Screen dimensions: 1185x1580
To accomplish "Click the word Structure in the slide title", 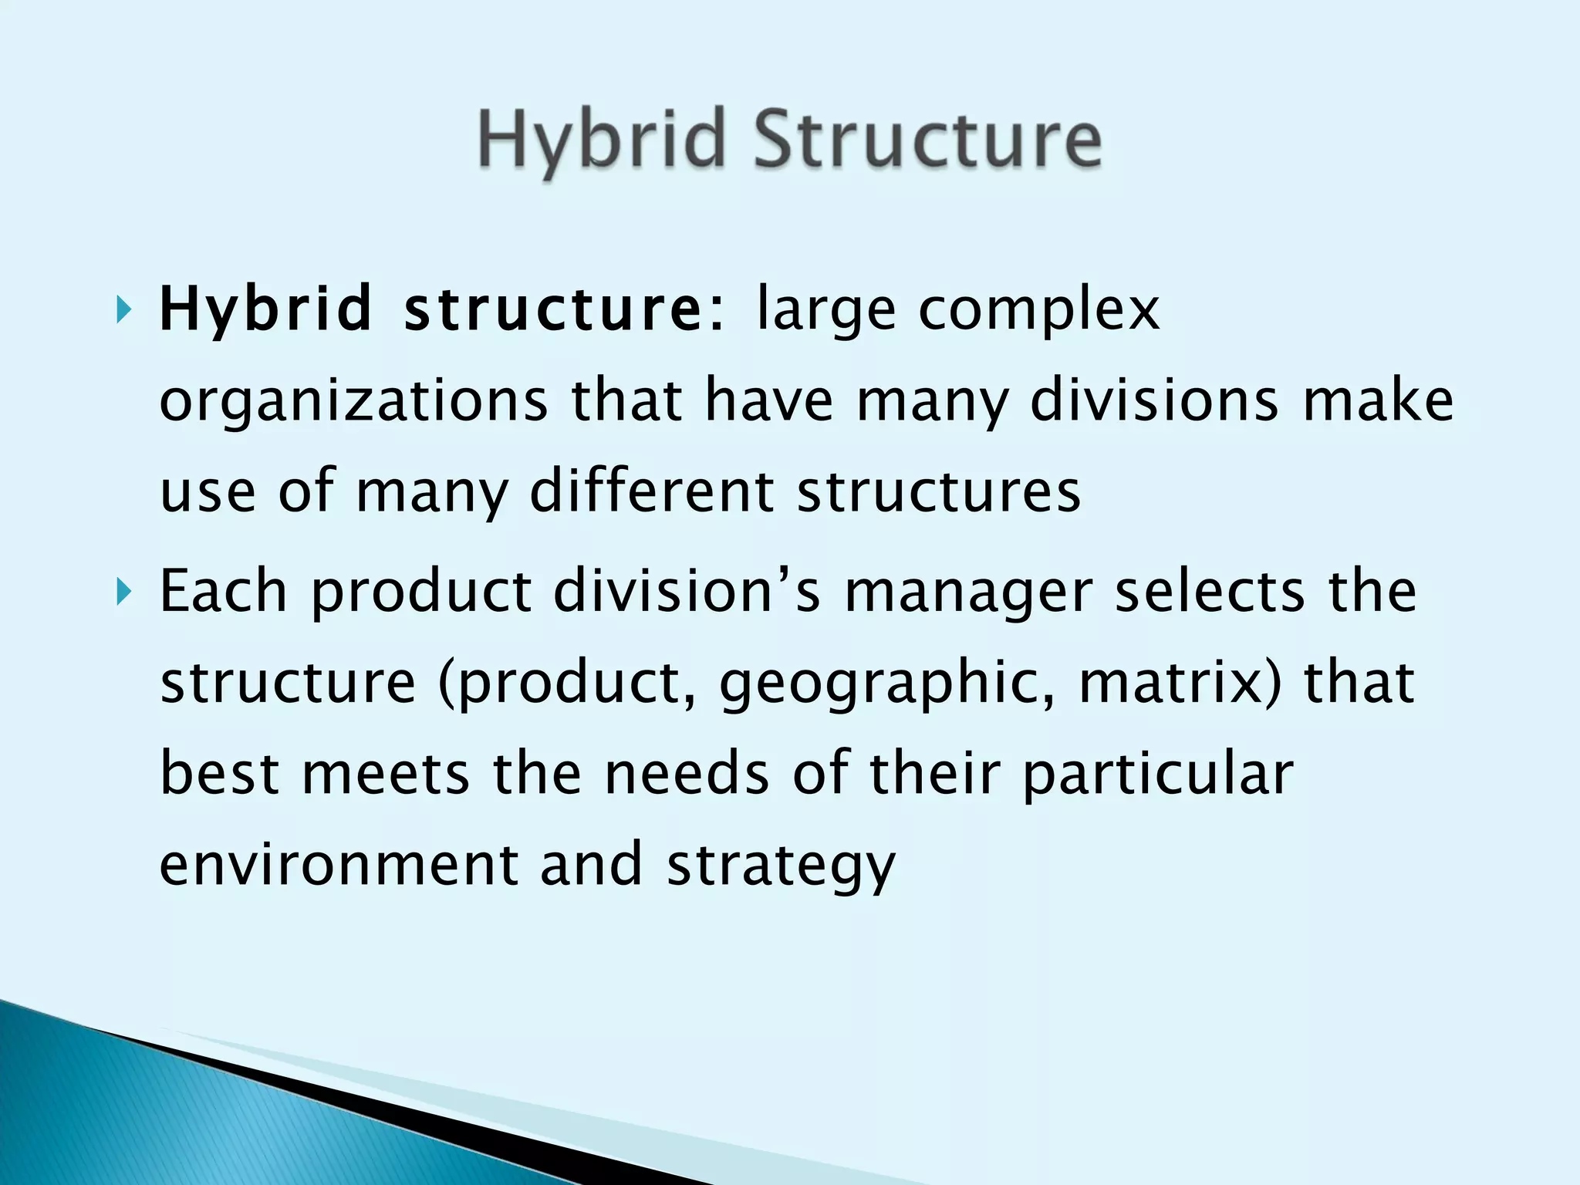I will point(927,139).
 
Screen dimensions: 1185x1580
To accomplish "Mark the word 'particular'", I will point(1158,775).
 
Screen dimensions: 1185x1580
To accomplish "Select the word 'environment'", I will point(339,864).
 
